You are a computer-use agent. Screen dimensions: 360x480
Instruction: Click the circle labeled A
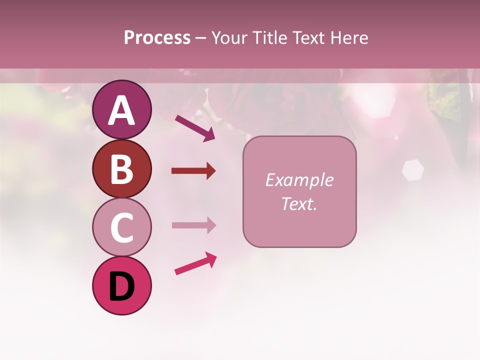click(x=121, y=109)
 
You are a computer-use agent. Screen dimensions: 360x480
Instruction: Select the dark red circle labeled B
click(x=121, y=168)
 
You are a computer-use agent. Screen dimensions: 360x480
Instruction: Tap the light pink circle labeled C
click(x=121, y=227)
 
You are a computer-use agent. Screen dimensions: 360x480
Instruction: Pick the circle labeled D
click(x=121, y=285)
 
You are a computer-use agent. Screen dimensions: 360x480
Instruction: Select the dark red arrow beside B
click(x=193, y=171)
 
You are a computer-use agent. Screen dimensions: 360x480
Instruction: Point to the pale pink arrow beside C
click(x=193, y=225)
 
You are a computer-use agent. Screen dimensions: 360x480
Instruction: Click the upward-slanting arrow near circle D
click(x=195, y=263)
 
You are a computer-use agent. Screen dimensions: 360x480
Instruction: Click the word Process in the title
click(x=157, y=38)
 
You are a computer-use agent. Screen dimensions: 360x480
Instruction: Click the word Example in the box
click(x=299, y=180)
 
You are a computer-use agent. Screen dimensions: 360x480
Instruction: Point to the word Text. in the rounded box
click(x=299, y=203)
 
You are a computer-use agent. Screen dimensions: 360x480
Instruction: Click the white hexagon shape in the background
click(x=412, y=170)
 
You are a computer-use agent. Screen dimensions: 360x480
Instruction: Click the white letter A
click(x=121, y=110)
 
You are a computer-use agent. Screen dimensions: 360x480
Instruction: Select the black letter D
click(x=121, y=287)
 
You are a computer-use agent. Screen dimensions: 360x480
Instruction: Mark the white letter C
click(x=121, y=228)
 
